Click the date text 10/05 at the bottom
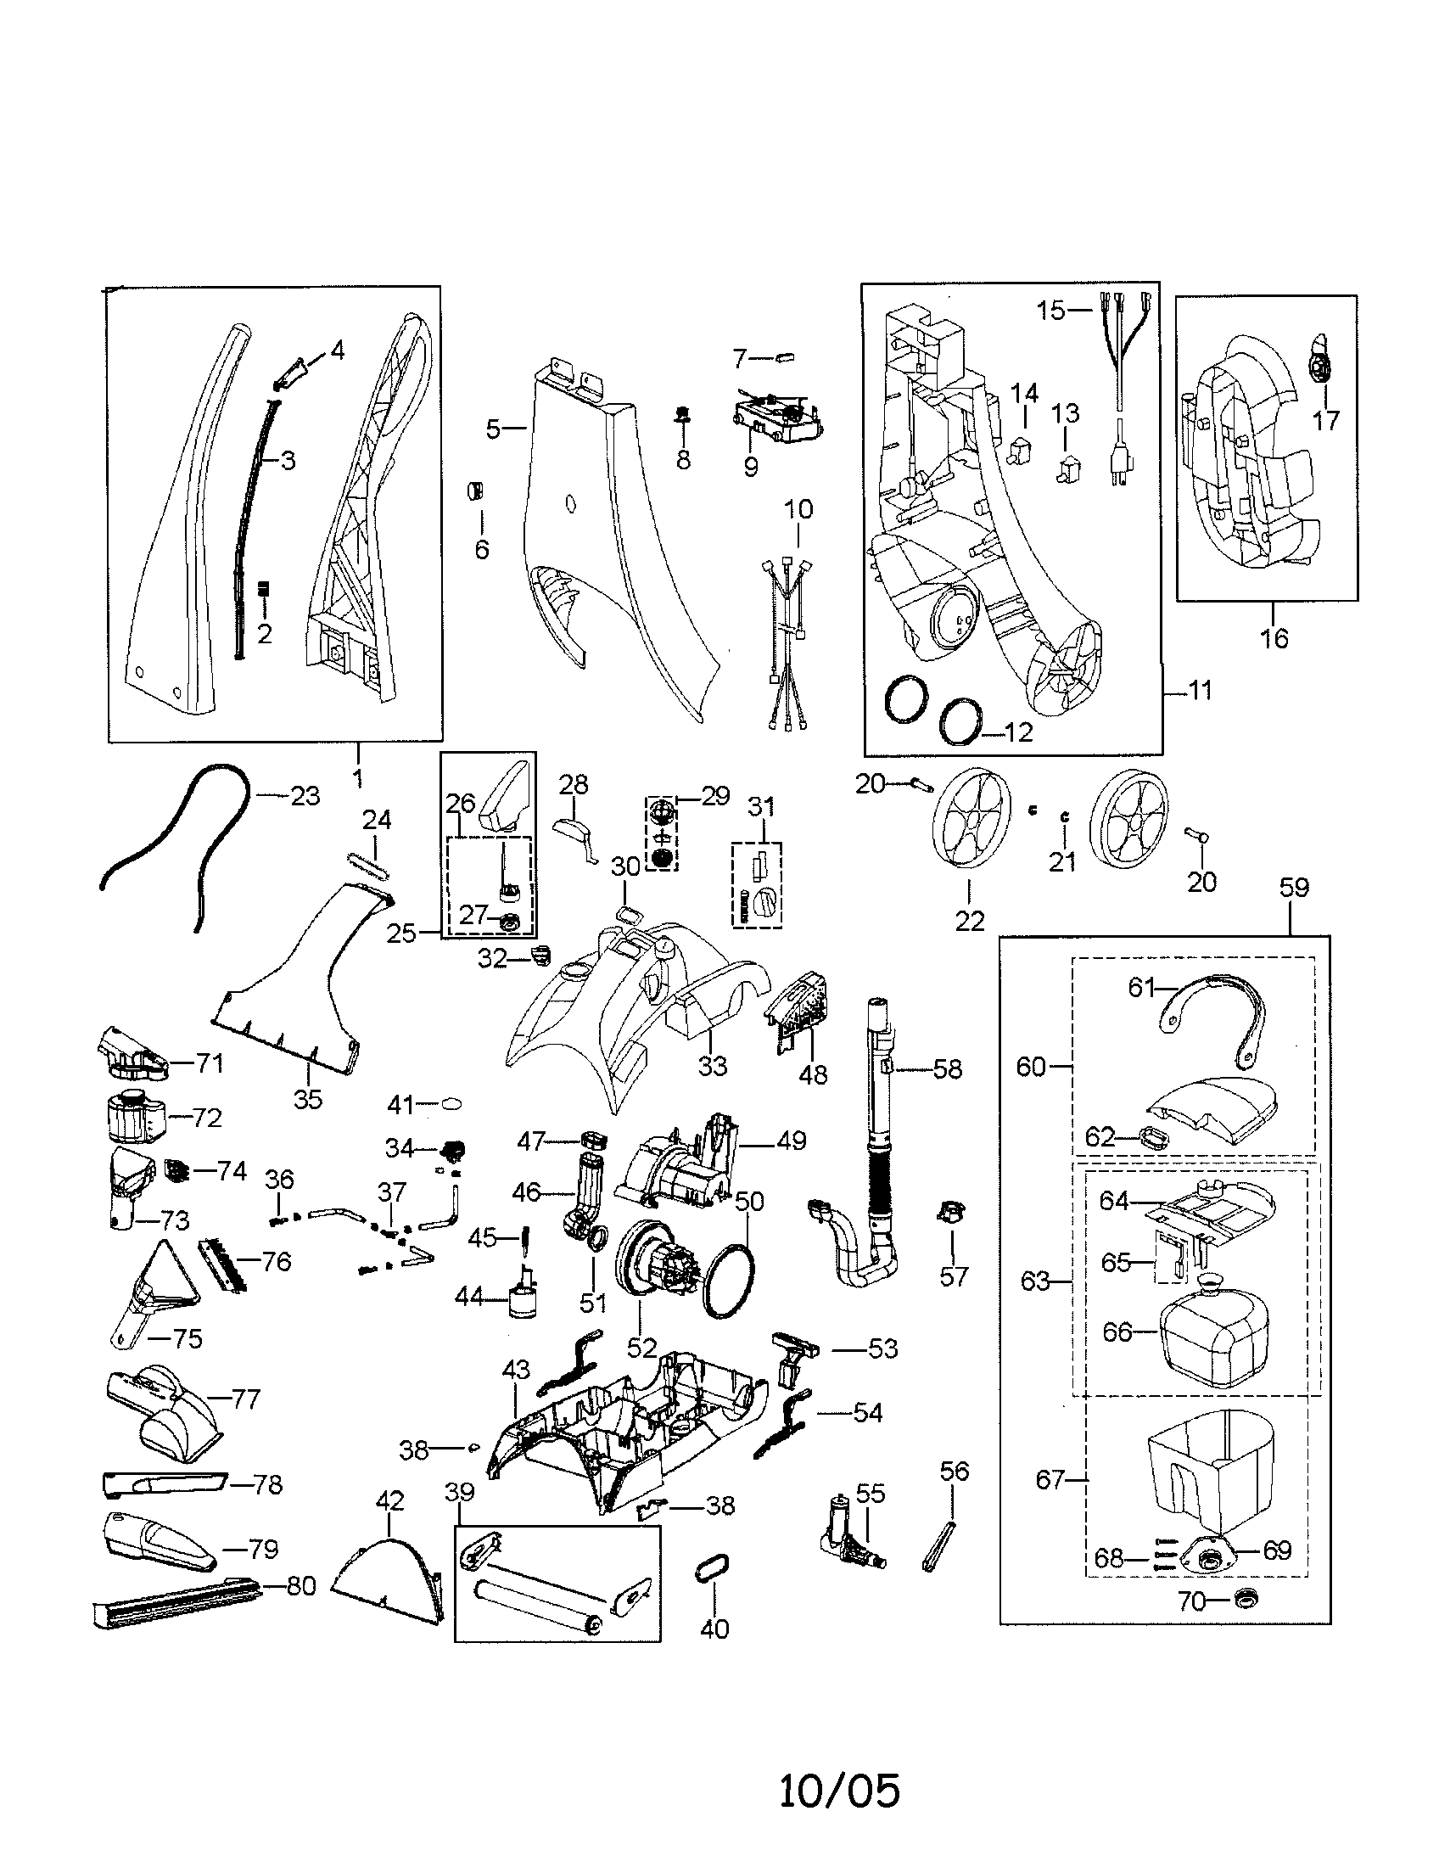(x=839, y=1790)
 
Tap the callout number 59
(x=1293, y=889)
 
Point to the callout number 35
(x=308, y=1099)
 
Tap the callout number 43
(x=516, y=1370)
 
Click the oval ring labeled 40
(x=714, y=1571)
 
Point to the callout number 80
(x=300, y=1587)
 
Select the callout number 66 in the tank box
(x=1117, y=1332)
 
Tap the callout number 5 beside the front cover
(x=493, y=429)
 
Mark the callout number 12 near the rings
(x=1020, y=732)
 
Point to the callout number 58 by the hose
(x=947, y=1069)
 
